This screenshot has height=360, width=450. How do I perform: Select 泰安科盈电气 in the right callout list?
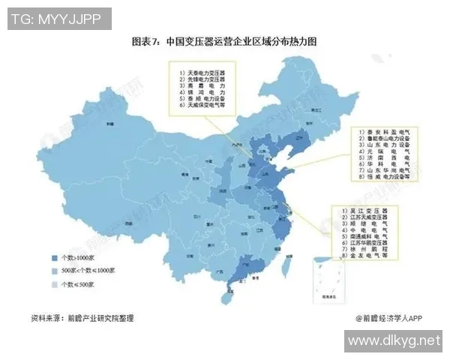387,132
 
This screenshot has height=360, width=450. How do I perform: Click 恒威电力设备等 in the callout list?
387,178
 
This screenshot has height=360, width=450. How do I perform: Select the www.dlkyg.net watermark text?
394,341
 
